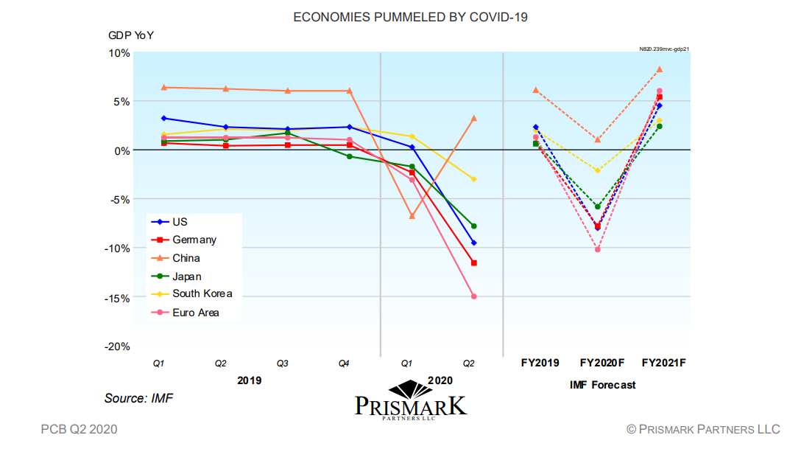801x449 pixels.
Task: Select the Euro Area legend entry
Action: coord(196,313)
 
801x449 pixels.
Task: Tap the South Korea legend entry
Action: coord(202,294)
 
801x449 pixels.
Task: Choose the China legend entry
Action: coord(186,258)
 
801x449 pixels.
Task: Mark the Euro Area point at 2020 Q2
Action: coord(473,296)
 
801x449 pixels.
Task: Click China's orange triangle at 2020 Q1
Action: coord(412,216)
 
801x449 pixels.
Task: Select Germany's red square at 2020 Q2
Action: coord(473,263)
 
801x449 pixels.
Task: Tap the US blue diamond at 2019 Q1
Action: coord(163,118)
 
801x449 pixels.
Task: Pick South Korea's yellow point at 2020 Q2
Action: coord(473,179)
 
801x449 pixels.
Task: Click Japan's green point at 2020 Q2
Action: coord(473,226)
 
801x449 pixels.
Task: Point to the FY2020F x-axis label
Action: coord(602,363)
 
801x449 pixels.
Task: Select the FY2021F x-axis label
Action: coord(663,363)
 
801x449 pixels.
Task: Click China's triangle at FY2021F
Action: coord(660,69)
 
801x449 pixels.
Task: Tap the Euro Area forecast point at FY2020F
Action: coord(598,249)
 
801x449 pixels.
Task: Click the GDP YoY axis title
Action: coord(131,35)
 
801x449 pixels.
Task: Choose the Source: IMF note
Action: coord(138,398)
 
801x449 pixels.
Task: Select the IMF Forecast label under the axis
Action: coord(602,385)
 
